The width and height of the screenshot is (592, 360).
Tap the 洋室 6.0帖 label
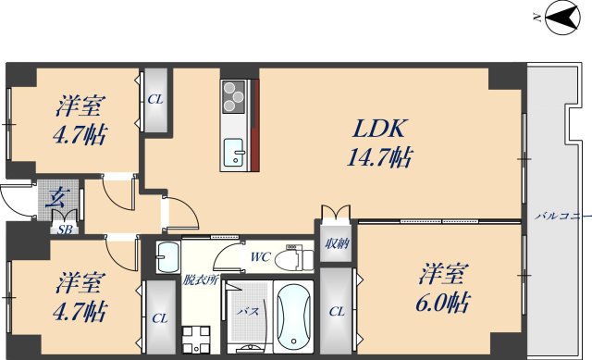pos(445,288)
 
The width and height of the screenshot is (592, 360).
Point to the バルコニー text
pos(562,216)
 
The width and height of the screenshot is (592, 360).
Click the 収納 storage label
pos(337,243)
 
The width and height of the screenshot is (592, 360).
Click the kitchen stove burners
pos(234,94)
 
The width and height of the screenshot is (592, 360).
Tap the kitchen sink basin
pos(233,148)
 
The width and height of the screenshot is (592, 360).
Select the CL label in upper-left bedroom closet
pos(154,99)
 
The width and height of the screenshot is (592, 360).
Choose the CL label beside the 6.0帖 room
pos(337,312)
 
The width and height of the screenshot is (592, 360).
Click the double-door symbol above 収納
pos(335,213)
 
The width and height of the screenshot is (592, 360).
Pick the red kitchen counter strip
pos(253,126)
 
